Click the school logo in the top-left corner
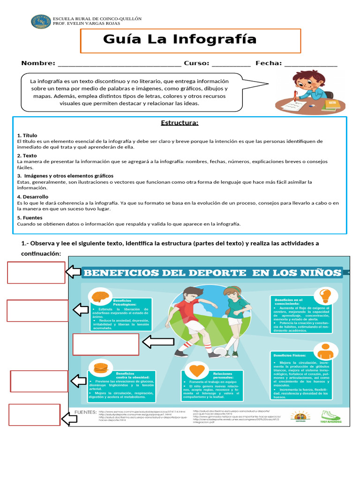click(41, 21)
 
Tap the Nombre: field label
click(38, 63)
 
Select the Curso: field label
click(196, 63)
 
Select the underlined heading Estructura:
click(180, 123)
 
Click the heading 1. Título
click(27, 135)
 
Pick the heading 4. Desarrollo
click(32, 197)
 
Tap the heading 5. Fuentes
click(30, 217)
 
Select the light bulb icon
click(325, 295)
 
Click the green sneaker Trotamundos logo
click(330, 416)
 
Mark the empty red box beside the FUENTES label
click(35, 414)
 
